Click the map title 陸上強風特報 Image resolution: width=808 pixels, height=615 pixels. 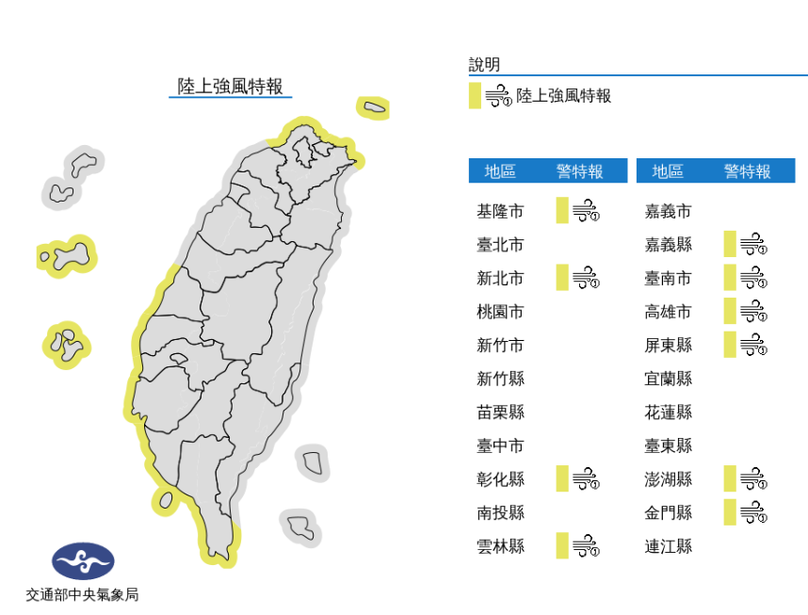(231, 87)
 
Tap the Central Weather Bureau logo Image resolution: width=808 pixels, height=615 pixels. (83, 561)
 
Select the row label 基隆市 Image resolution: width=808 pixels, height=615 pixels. (500, 211)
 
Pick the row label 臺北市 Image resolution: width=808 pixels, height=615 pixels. (500, 245)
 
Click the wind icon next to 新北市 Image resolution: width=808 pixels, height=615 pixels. (587, 278)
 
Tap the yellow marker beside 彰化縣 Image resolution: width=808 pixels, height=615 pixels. (562, 478)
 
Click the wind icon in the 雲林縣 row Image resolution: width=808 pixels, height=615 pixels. (587, 545)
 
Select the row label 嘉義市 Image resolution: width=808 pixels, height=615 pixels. (668, 211)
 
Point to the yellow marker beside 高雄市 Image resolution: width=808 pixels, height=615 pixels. (730, 311)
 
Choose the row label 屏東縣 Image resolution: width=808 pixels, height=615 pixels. (668, 345)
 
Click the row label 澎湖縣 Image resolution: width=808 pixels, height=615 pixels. (668, 478)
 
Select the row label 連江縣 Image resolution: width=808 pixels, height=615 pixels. (668, 545)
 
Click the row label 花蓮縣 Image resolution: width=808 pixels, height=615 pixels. (668, 412)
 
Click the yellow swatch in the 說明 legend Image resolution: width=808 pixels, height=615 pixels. (475, 95)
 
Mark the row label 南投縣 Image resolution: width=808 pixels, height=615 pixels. (500, 512)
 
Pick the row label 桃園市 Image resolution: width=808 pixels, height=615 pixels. (500, 311)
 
